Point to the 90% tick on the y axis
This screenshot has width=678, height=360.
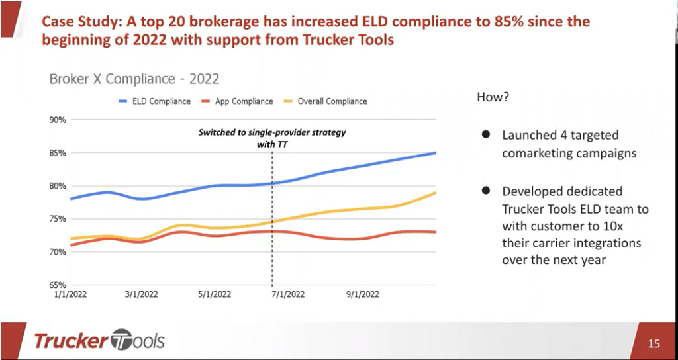57,120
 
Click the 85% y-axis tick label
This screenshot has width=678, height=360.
57,153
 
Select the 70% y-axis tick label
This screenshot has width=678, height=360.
57,252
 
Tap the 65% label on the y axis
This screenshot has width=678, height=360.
57,285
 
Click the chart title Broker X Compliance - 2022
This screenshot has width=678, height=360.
134,79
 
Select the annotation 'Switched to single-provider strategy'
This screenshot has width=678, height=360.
272,133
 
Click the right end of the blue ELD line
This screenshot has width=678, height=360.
436,153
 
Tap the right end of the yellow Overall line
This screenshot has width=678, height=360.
436,193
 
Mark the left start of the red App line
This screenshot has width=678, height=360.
70,245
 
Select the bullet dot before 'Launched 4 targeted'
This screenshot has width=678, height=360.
485,134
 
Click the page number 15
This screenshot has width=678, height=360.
654,343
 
